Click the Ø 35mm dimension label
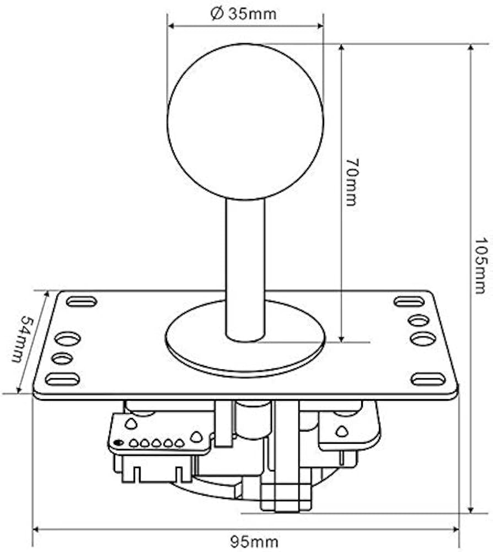(243, 14)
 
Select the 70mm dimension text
(352, 182)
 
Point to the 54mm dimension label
(22, 339)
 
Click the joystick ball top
(245, 121)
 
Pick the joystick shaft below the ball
(245, 269)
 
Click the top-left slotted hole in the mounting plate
(81, 302)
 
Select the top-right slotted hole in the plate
(409, 302)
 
